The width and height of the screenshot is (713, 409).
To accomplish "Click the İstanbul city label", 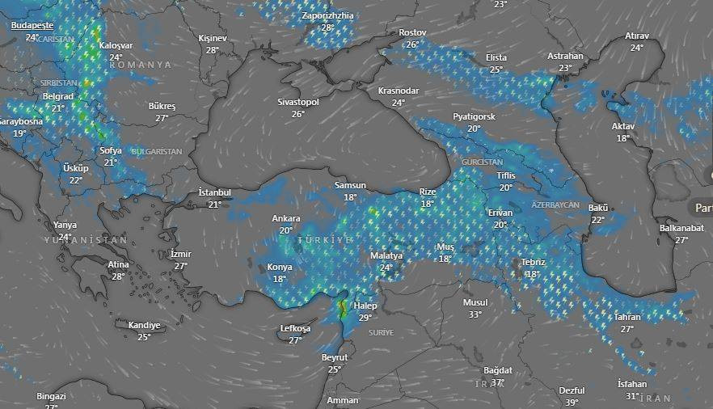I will (215, 192).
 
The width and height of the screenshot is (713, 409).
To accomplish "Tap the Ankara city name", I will (285, 218).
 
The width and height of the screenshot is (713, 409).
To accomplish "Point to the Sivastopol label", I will (298, 103).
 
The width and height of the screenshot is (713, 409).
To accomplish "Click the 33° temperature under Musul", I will (475, 314).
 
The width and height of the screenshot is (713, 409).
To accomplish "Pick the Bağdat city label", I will (498, 370).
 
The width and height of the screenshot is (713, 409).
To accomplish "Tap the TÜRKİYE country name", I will (325, 241).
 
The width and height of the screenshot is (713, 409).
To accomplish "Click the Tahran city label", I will (627, 317).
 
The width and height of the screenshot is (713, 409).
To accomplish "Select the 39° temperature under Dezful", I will (572, 403).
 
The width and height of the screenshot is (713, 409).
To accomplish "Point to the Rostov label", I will (412, 32).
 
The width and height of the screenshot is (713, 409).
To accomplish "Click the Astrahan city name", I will (565, 56).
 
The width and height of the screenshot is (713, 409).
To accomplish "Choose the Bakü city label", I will (598, 208).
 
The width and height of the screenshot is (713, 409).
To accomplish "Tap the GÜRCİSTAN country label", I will (481, 162).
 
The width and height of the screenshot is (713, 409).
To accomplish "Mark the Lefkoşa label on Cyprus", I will (295, 329).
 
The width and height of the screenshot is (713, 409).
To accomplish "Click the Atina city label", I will (118, 264).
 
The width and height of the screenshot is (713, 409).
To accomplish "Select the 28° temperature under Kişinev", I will (212, 50).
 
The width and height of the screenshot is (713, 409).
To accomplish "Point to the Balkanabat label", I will (681, 228).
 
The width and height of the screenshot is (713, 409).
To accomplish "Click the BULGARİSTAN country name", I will (157, 151).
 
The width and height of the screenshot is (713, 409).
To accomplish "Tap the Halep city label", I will (365, 306).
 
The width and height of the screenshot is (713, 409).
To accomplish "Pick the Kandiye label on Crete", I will (144, 325).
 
